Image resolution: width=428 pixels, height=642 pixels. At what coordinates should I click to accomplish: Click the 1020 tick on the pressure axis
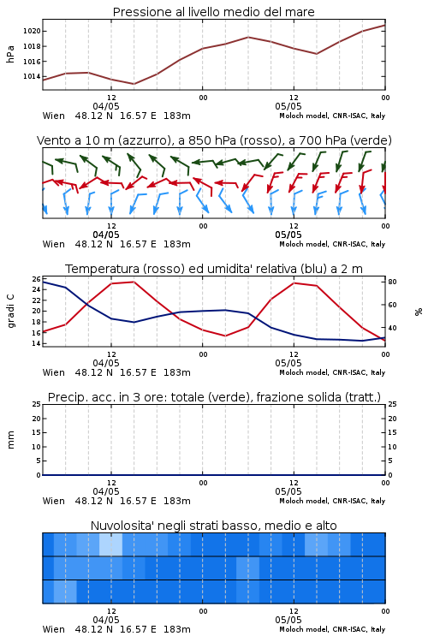pos(32,31)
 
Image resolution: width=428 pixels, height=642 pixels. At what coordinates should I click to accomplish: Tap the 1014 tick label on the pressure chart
pos(32,76)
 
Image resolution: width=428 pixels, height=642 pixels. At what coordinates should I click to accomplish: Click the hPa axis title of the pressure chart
pos(10,54)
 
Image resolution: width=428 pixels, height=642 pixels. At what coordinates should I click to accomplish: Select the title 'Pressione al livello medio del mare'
pos(214,12)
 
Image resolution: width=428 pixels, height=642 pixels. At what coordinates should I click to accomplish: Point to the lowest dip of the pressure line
pos(134,84)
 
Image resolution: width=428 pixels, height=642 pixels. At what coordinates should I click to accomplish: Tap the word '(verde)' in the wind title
pos(372,140)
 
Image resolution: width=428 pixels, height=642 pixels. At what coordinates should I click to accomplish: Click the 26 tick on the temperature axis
pos(37,279)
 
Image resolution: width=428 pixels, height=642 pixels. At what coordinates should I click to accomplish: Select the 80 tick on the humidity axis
pos(392,282)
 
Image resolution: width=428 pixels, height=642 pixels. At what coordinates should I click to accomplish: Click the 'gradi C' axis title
pos(11,311)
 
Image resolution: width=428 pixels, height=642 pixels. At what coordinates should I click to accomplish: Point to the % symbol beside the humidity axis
pos(419,312)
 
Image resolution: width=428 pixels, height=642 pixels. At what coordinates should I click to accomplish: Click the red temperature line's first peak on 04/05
pos(134,282)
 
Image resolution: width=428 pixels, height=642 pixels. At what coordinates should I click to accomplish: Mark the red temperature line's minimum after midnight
pos(226,336)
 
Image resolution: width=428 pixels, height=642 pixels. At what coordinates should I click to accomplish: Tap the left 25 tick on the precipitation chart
pos(37,405)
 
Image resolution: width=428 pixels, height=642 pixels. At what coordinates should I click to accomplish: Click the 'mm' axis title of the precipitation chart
pos(10,440)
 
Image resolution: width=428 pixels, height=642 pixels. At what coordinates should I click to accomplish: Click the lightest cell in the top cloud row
pos(110,544)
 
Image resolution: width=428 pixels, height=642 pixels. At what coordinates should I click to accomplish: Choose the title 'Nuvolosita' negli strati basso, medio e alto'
pos(214,526)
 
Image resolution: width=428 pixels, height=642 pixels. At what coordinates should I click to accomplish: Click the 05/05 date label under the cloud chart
pos(288,620)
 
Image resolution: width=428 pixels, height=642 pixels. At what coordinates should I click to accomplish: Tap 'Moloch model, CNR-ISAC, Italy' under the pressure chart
pos(332,116)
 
